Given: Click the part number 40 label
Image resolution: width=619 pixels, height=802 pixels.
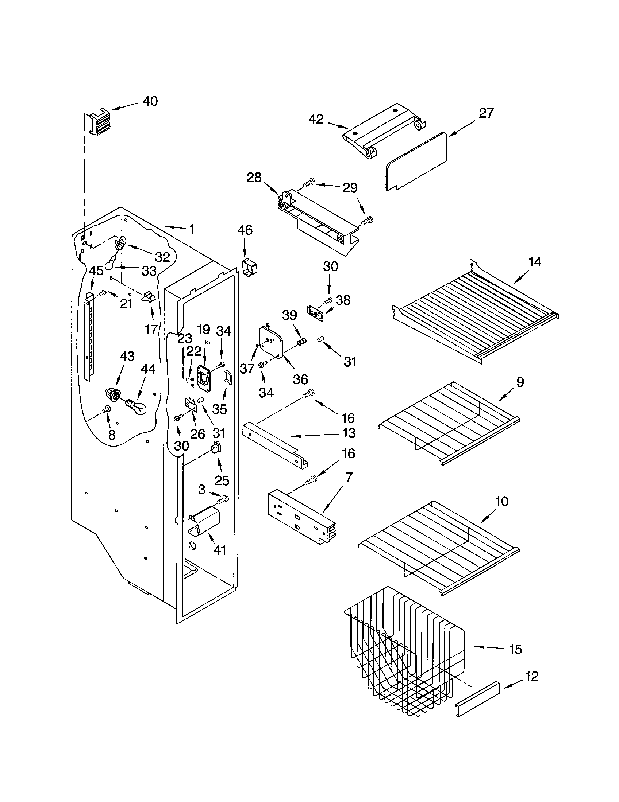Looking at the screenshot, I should coord(150,101).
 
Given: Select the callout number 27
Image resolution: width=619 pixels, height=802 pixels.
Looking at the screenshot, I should coord(486,113).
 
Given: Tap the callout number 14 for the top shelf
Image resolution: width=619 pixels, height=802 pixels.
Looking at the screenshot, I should coord(535,262).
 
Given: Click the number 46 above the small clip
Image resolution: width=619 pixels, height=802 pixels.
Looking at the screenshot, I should coord(245,230).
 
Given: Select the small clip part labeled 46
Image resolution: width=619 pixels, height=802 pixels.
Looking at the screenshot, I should coord(250,266).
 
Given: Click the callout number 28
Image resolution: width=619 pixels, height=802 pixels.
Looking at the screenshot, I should coord(254,178).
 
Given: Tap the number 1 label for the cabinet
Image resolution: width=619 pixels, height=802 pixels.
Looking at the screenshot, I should coord(191,229).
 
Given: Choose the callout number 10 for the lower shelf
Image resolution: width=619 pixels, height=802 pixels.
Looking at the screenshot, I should coord(502,501).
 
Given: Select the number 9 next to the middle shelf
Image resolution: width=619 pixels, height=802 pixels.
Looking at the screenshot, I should coord(520,382).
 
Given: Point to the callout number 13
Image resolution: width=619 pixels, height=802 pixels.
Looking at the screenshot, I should coord(349,433).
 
